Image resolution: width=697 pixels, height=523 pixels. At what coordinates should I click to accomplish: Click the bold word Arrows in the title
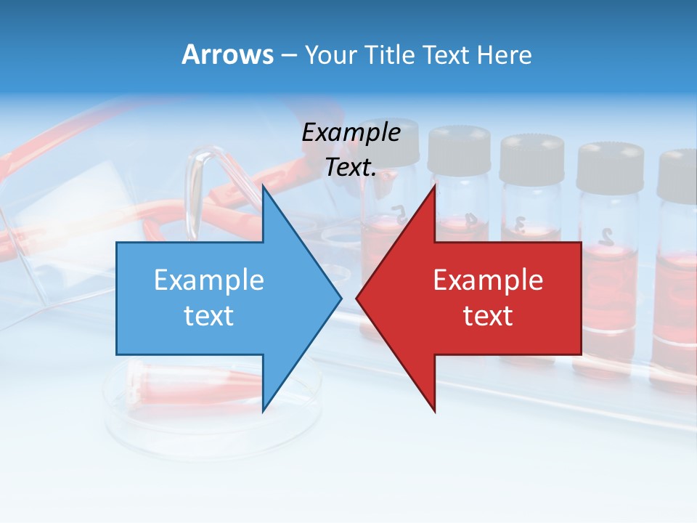227,54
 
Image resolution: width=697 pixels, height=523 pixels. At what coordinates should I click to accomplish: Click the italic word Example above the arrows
351,132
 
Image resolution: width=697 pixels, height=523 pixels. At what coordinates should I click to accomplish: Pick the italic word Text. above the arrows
351,167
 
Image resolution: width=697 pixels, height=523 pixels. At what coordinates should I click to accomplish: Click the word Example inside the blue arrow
209,280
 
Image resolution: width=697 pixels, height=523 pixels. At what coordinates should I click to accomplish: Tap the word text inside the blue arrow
209,315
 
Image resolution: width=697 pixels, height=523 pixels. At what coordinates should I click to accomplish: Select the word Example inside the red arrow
488,280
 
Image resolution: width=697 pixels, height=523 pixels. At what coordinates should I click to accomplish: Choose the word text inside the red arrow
488,315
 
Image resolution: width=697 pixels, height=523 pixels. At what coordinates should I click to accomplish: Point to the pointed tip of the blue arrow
340,298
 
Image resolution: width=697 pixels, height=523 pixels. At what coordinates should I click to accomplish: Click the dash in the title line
288,55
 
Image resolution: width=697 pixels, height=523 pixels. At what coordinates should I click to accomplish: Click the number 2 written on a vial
607,235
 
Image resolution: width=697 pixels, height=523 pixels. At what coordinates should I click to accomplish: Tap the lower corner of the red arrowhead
434,411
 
